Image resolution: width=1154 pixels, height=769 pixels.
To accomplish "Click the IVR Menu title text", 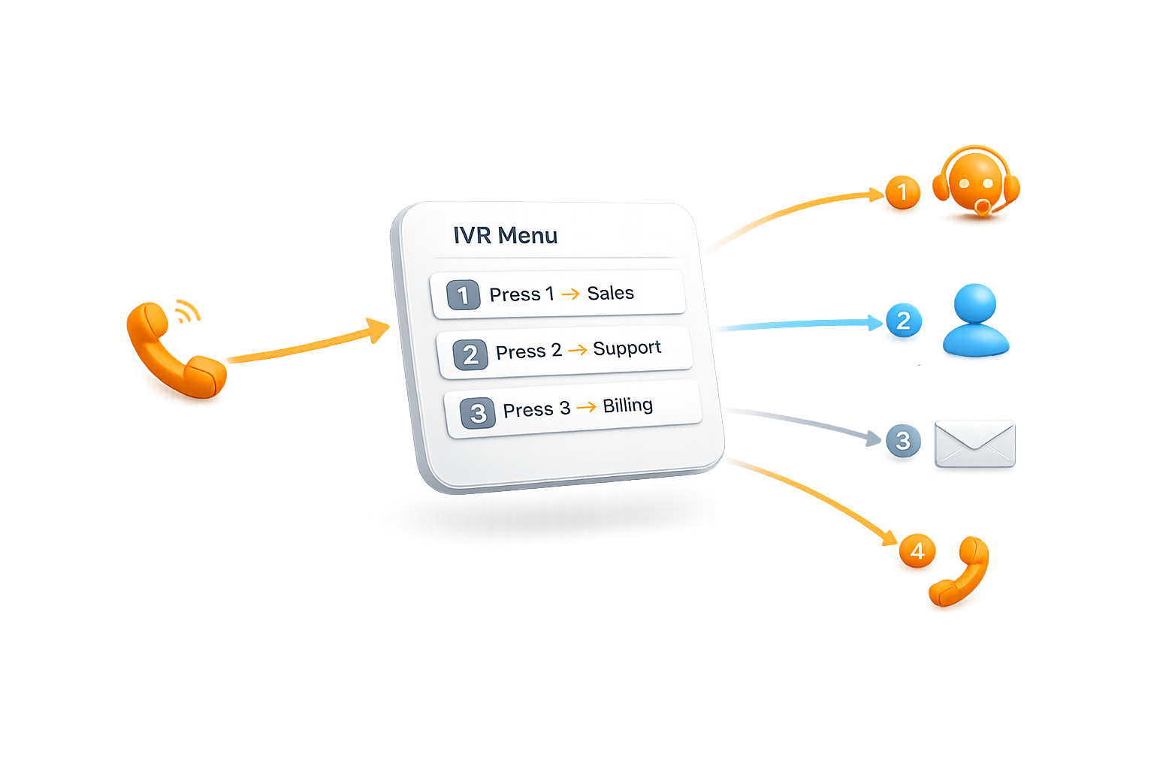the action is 505,235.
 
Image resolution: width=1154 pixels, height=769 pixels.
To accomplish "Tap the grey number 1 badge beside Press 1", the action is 463,295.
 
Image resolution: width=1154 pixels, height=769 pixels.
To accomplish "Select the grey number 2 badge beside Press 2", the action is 470,354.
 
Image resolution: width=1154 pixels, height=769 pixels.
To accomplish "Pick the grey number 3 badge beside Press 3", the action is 478,413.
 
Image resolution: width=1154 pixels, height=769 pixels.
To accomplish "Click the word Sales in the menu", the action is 610,293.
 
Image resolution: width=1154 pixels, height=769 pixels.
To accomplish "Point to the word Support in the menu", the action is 627,348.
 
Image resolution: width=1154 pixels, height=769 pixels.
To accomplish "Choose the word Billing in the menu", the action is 627,406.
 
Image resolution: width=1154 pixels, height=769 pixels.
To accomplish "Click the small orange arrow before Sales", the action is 571,294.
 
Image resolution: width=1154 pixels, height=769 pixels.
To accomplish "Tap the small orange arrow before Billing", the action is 587,407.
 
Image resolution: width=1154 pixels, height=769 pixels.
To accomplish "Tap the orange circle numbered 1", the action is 902,192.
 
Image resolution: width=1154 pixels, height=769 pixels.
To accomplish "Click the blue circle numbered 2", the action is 903,321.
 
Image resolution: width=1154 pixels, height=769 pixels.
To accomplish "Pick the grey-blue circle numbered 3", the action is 903,440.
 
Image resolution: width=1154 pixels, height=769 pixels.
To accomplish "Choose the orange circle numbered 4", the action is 917,552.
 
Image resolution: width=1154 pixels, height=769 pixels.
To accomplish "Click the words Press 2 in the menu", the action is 528,351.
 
